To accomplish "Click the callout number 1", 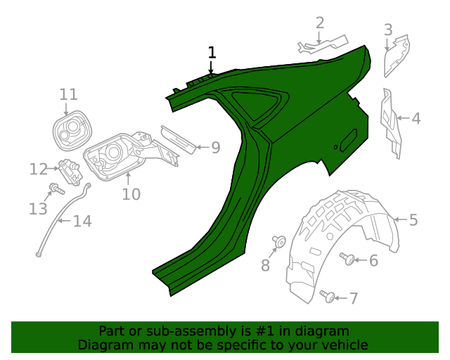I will [212, 53].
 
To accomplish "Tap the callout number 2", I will [320, 23].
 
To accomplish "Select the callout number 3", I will [388, 30].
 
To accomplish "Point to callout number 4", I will [416, 119].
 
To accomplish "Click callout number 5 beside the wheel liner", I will [413, 220].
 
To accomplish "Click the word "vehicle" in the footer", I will [343, 345].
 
